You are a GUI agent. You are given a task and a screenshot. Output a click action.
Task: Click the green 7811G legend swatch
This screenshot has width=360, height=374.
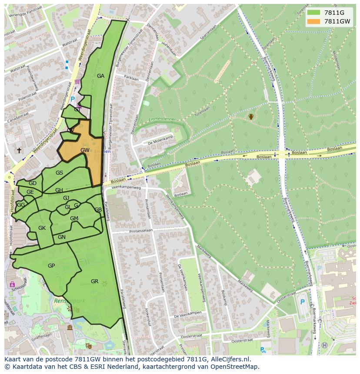(x=313, y=13)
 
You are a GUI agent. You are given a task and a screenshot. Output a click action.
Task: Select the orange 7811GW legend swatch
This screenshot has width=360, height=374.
(x=313, y=21)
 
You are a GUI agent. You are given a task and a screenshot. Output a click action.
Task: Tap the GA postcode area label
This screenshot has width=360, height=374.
(x=100, y=76)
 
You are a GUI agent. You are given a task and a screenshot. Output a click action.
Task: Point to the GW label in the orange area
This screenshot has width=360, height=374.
(x=85, y=150)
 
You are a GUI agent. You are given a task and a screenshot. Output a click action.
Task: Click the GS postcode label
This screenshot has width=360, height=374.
(x=60, y=173)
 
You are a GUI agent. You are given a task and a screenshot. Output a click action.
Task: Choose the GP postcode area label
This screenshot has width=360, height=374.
(x=51, y=265)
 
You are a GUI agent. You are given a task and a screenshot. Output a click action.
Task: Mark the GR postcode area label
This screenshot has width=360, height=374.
(x=94, y=281)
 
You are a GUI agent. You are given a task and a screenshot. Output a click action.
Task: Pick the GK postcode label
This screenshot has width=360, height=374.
(x=42, y=228)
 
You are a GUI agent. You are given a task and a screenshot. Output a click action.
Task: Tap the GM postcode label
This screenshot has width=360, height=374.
(x=74, y=218)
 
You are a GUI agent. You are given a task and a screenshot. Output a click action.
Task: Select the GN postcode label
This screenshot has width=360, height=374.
(x=62, y=237)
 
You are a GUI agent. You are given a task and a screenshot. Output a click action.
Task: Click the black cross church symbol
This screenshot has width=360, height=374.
(x=19, y=150)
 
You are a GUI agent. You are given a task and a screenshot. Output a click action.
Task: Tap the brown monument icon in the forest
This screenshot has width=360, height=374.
(x=251, y=116)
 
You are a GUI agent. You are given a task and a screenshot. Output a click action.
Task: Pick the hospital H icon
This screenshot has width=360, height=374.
(x=324, y=345)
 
